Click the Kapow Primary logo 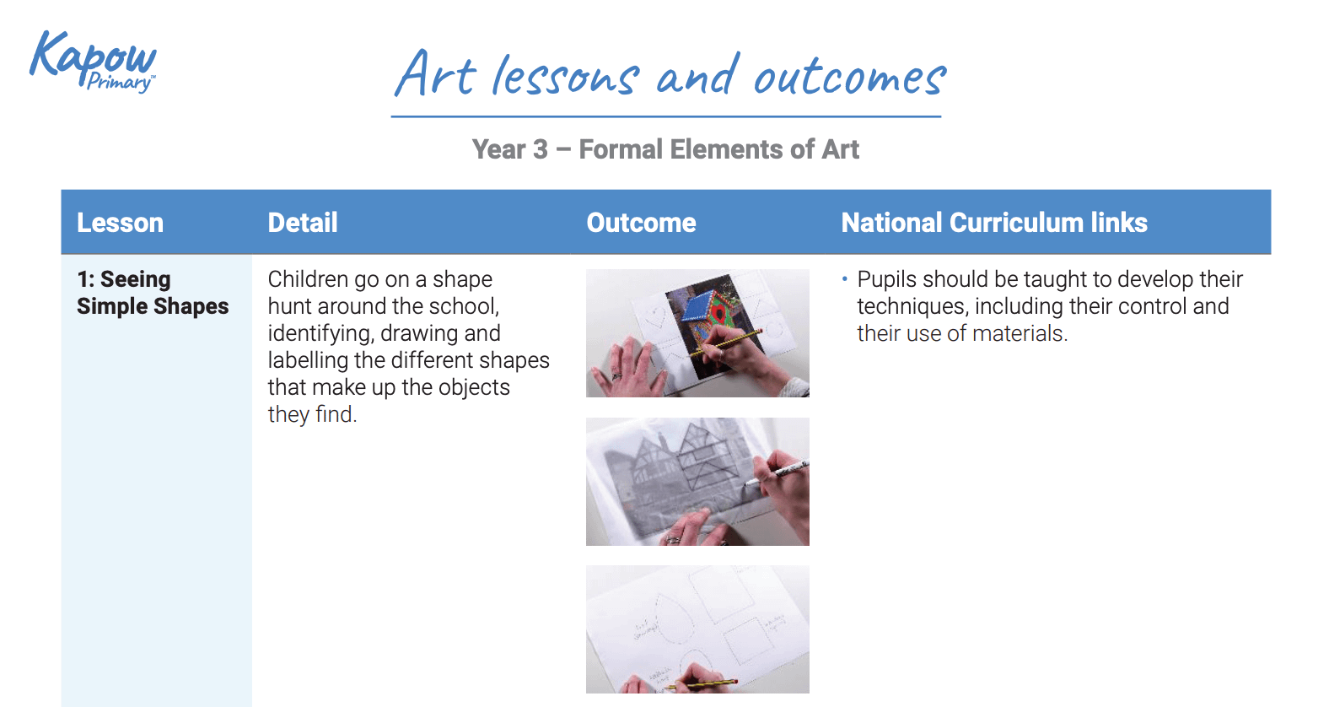click(93, 61)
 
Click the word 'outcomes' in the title click(849, 78)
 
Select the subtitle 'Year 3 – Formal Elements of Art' click(665, 149)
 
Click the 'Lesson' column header click(120, 223)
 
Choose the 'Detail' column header click(302, 223)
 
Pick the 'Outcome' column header click(641, 223)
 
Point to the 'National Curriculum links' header click(993, 223)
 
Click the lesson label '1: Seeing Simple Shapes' click(152, 292)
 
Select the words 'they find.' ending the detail click(312, 414)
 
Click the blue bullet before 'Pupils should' click(844, 279)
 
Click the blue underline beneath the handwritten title click(665, 116)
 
